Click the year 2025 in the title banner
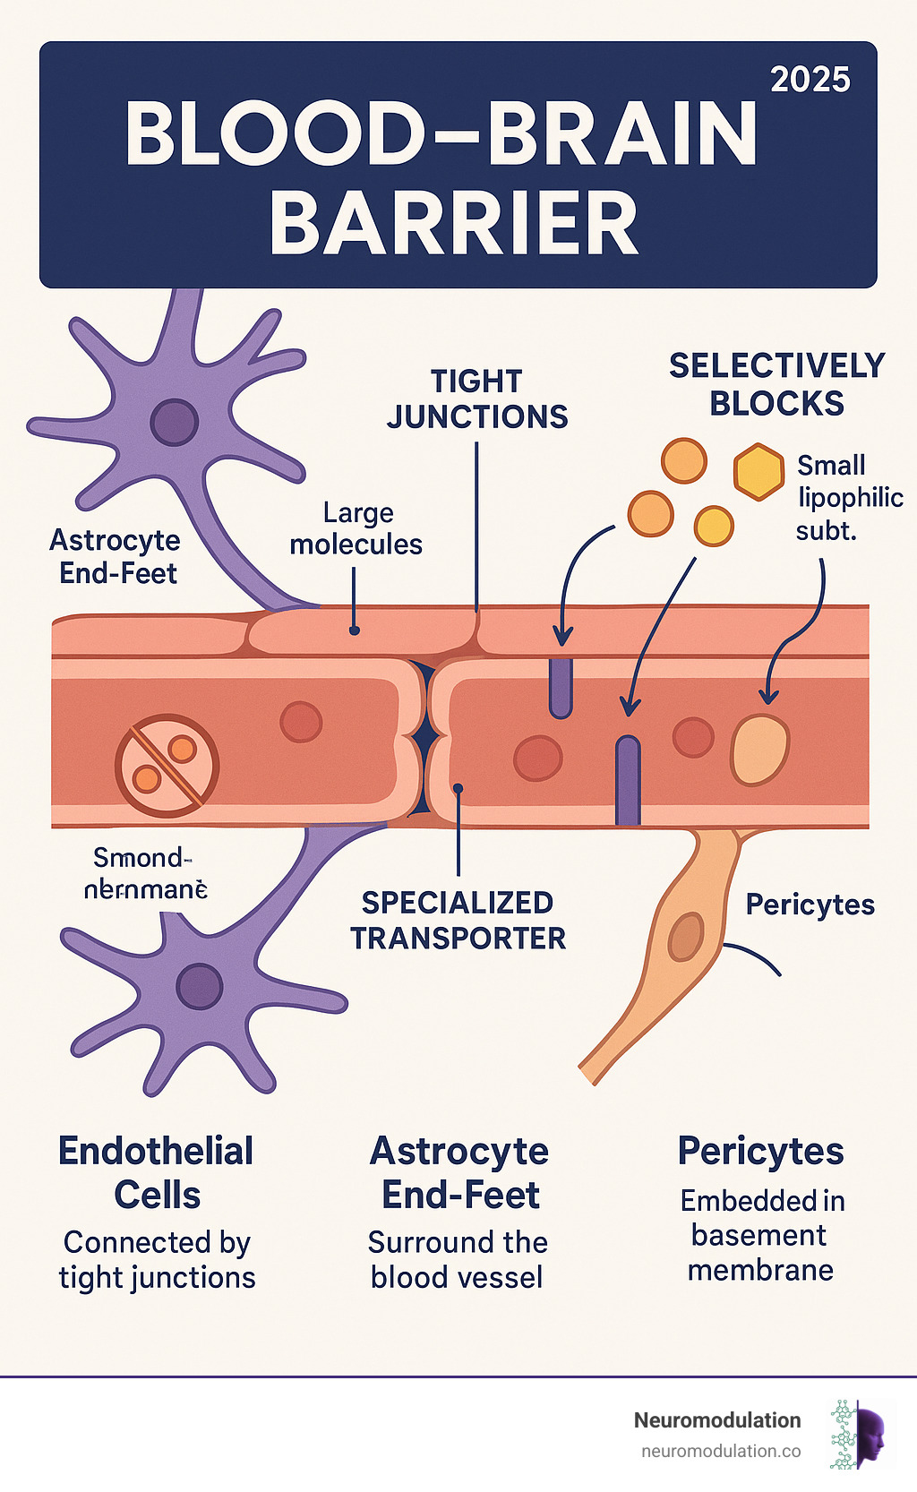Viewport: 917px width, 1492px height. (810, 80)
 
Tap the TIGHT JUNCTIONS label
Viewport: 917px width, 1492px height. (476, 399)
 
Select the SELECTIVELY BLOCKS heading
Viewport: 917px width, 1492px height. (776, 384)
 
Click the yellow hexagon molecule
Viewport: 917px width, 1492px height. (758, 471)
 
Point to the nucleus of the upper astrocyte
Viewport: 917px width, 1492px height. (175, 423)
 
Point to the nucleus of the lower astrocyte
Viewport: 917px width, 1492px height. (199, 986)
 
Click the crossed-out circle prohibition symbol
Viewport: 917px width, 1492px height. (167, 765)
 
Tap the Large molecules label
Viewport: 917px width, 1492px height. (356, 528)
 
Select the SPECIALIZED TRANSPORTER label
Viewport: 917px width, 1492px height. (458, 921)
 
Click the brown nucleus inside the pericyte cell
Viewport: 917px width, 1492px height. (686, 937)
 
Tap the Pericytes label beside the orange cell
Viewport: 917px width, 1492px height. (810, 905)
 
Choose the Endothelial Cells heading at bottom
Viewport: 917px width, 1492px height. (157, 1172)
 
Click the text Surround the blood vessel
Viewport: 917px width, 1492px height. (458, 1259)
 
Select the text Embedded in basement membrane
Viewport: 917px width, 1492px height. (761, 1235)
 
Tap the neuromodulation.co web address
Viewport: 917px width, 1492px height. (721, 1451)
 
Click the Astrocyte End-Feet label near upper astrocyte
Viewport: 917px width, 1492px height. (116, 556)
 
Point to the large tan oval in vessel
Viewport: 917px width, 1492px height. (760, 750)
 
